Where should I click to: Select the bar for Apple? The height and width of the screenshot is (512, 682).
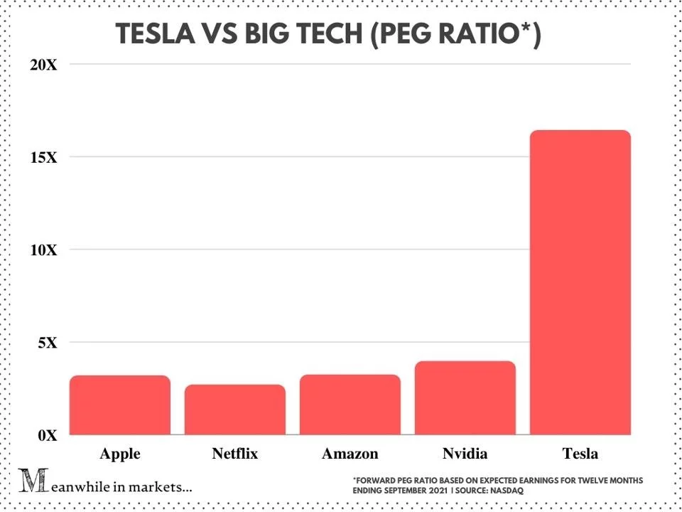(120, 405)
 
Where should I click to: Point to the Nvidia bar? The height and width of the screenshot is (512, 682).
(465, 398)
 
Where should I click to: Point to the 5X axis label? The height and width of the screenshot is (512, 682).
(46, 343)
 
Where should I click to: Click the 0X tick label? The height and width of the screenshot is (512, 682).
(46, 435)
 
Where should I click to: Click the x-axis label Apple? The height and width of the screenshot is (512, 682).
(120, 454)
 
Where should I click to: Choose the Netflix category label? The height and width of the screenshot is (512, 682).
(234, 454)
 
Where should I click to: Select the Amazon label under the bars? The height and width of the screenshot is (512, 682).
(350, 454)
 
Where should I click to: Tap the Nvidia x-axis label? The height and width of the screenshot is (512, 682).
(465, 454)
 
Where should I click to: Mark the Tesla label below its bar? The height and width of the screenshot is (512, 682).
(580, 454)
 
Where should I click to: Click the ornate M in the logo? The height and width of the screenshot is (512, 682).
(31, 481)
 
